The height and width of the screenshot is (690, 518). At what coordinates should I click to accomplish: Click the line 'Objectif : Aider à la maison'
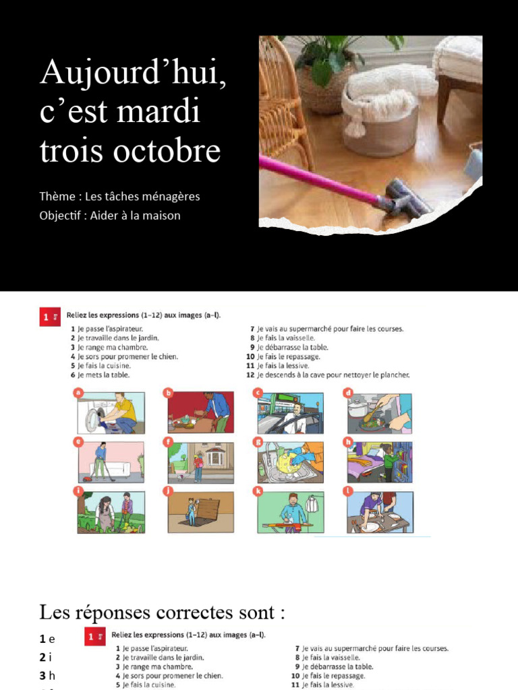[x=110, y=216]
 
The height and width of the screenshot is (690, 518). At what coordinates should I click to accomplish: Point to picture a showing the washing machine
[x=111, y=413]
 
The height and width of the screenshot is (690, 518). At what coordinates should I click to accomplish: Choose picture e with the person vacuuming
[x=111, y=462]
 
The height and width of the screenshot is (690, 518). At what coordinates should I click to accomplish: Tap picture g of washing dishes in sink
[x=290, y=462]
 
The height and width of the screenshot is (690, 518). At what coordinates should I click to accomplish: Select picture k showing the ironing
[x=290, y=513]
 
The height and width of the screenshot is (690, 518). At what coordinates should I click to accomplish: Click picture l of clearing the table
[x=380, y=513]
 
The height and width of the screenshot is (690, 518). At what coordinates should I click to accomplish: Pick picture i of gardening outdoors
[x=111, y=513]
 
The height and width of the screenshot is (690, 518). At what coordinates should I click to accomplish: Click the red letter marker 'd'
[x=348, y=392]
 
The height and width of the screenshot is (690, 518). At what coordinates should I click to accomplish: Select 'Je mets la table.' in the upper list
[x=103, y=375]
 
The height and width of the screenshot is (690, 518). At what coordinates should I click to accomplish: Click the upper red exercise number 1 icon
[x=48, y=317]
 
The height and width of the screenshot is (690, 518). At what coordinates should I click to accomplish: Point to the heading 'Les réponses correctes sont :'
[x=162, y=613]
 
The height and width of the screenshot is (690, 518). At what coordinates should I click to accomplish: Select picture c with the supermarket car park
[x=290, y=413]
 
